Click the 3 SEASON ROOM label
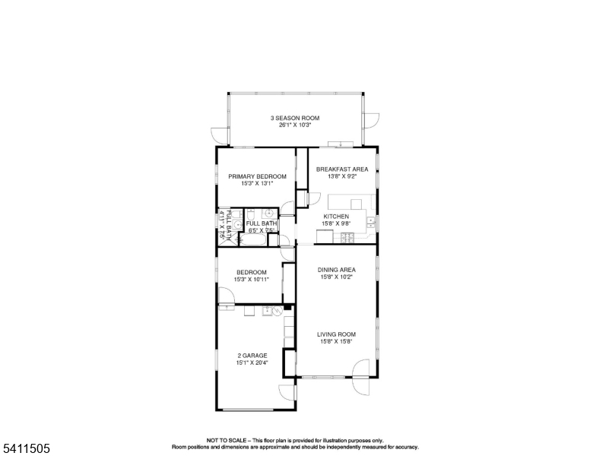point(295,118)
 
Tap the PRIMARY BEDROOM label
point(258,176)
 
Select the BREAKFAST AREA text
point(342,169)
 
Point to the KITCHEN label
point(336,216)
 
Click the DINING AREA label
point(336,269)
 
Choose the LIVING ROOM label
point(336,334)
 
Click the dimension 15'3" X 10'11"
point(251,280)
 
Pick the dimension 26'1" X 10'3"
point(295,125)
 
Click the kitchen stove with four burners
point(347,239)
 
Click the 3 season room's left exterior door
point(219,135)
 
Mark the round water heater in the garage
point(278,311)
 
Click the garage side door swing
point(287,391)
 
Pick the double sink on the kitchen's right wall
point(371,222)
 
